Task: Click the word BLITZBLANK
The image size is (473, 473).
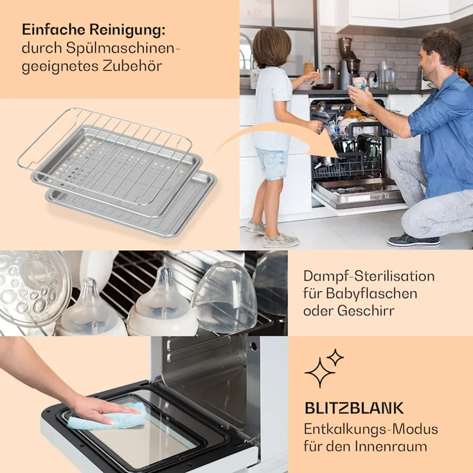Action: click(353, 407)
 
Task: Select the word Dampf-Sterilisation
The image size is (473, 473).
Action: click(369, 276)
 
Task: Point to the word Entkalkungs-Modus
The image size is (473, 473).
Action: click(371, 429)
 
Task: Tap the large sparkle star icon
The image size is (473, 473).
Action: click(319, 373)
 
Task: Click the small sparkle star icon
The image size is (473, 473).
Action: click(335, 357)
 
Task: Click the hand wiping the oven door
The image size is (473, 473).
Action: click(96, 407)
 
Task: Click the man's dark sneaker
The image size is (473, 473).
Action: click(413, 240)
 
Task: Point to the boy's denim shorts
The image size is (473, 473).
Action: click(272, 163)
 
